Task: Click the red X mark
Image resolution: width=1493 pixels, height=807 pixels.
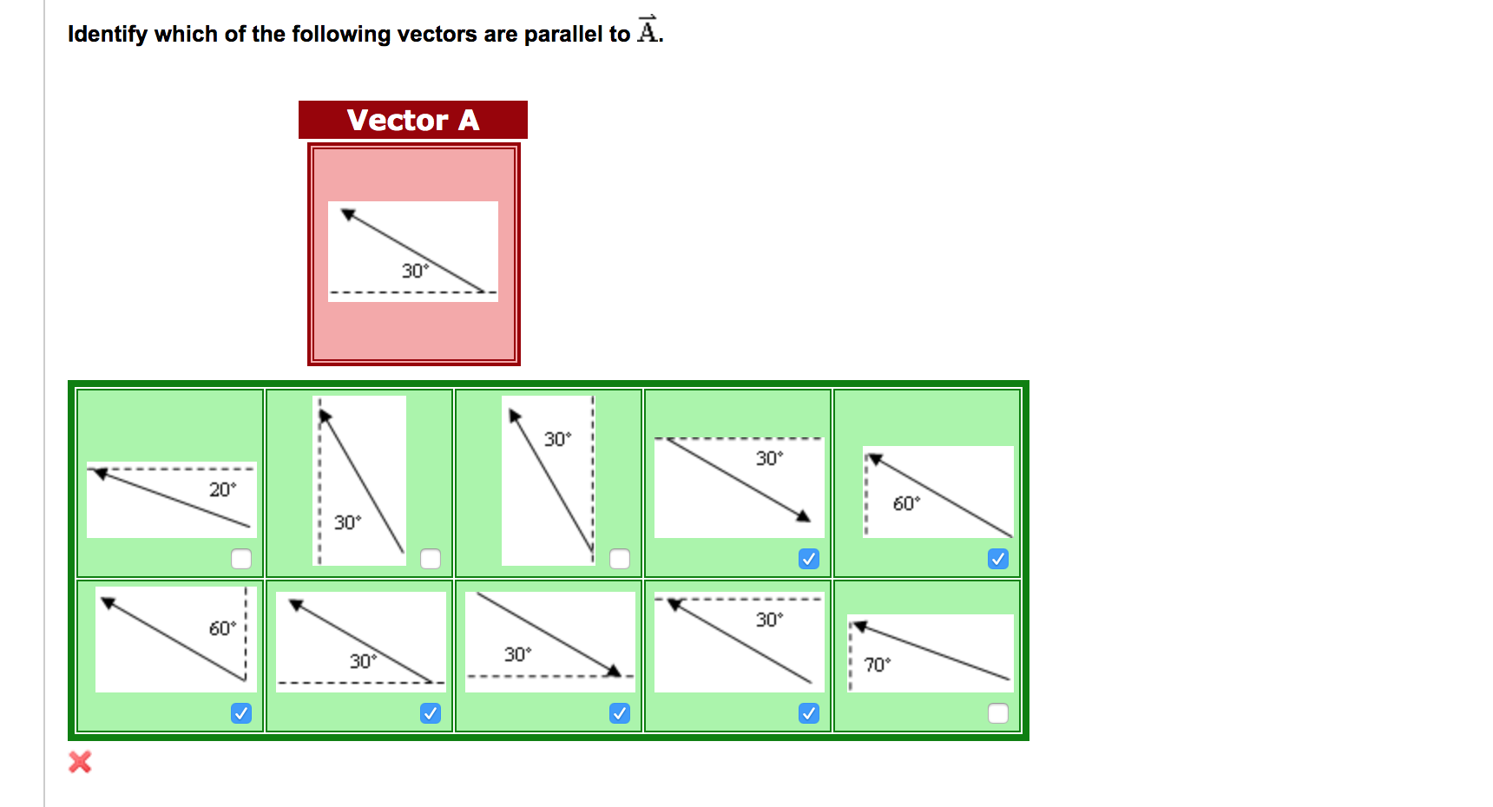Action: [x=80, y=762]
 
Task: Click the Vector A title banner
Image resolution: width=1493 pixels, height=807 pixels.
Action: [x=413, y=120]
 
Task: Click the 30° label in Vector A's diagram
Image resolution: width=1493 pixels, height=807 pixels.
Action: [x=415, y=271]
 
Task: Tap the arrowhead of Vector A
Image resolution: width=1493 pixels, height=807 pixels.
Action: [x=348, y=213]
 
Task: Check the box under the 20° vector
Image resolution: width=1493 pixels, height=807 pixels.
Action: [x=241, y=559]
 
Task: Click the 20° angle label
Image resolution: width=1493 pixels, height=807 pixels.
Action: [x=222, y=489]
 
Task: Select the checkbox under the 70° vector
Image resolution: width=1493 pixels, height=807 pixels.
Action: [x=998, y=713]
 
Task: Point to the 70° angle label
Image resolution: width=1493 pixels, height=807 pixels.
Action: [x=878, y=665]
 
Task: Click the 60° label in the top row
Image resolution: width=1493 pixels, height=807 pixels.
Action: [x=906, y=503]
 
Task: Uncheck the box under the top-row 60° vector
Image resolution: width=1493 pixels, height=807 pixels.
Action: [x=998, y=559]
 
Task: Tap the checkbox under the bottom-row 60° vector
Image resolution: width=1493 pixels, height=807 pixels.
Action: [x=241, y=713]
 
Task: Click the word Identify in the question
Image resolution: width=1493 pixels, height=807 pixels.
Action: [x=108, y=34]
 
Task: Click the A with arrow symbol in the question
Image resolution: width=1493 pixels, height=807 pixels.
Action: [x=648, y=30]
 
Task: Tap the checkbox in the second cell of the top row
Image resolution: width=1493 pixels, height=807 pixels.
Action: [x=431, y=559]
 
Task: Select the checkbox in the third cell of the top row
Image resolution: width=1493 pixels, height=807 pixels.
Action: [x=620, y=559]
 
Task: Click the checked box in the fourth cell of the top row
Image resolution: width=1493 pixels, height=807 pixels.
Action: [x=809, y=559]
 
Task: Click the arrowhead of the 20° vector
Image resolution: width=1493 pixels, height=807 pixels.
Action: [x=100, y=473]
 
